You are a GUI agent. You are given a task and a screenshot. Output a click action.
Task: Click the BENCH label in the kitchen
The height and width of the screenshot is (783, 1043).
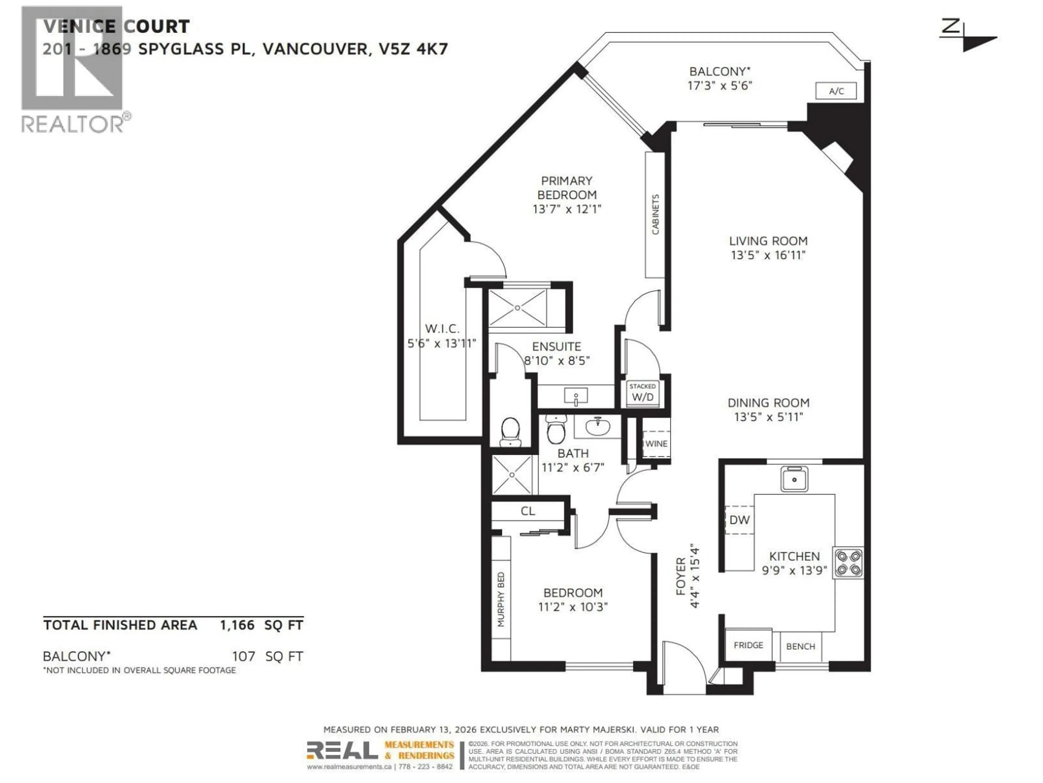pos(801,647)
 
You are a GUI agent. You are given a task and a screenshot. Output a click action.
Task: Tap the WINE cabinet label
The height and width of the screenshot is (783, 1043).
pos(656,444)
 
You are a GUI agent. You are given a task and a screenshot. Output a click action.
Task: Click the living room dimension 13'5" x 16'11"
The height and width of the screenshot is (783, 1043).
pos(768,255)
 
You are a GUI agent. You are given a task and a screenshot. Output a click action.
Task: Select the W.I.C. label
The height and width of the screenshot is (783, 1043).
pos(442,328)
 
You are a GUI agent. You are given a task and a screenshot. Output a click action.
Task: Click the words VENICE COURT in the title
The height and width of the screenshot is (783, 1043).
pos(117,26)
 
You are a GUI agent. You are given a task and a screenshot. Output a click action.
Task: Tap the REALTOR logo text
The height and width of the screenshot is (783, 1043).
pos(73,124)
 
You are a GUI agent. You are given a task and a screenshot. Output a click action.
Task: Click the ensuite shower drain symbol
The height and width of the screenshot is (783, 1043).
pos(517,308)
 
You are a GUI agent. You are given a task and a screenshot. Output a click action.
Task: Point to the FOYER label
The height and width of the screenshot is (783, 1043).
pos(680,576)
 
